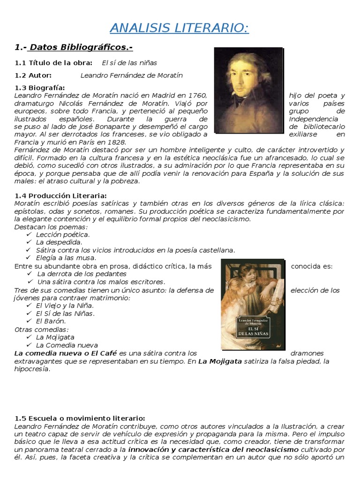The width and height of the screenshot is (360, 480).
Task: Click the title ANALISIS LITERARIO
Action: click(180, 29)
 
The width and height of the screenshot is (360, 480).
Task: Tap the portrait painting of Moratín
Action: click(248, 90)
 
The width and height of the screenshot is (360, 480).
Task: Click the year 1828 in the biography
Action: click(115, 142)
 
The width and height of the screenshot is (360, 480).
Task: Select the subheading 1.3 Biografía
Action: click(40, 88)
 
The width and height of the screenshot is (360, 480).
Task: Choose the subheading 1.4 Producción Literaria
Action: click(61, 195)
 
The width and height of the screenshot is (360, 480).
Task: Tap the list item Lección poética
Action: click(63, 234)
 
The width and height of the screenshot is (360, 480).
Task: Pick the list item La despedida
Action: click(59, 242)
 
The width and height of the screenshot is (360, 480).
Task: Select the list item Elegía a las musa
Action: click(66, 258)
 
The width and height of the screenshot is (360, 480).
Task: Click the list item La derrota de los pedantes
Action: click(82, 274)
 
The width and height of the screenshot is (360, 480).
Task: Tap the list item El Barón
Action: click(51, 321)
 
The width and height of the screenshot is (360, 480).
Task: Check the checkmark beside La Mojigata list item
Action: click(29, 337)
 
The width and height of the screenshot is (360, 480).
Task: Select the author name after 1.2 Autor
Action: click(132, 75)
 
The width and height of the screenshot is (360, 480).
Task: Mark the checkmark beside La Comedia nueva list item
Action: click(29, 345)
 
